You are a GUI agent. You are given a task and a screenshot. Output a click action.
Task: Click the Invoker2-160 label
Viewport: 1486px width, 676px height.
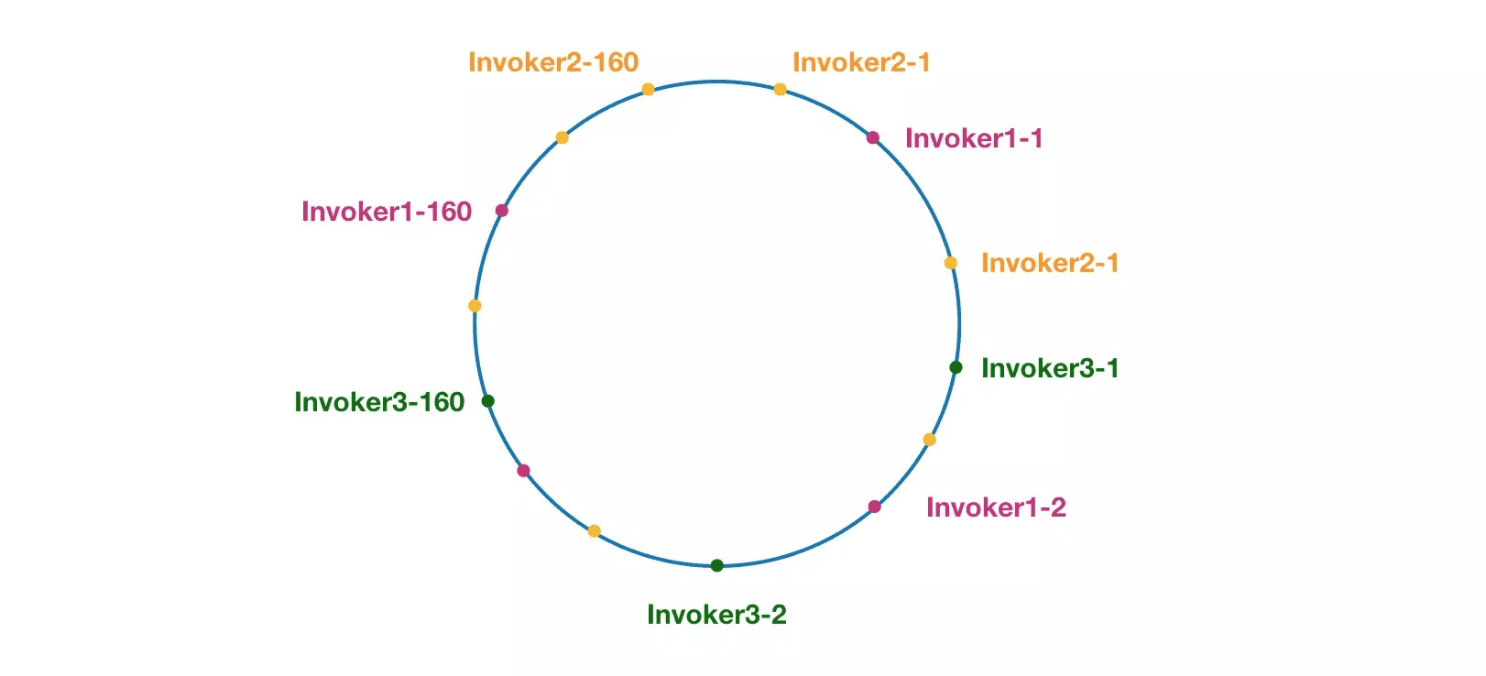pyautogui.click(x=553, y=62)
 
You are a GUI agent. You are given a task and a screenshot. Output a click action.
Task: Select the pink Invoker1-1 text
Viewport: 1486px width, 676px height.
pyautogui.click(x=974, y=138)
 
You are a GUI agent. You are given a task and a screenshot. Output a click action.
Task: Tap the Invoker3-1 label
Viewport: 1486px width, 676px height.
pyautogui.click(x=1050, y=368)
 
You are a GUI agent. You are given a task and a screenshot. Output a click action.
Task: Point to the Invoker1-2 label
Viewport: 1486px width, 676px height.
pyautogui.click(x=997, y=507)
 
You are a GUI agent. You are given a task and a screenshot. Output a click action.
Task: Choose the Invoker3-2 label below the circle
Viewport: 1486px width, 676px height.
pyautogui.click(x=716, y=615)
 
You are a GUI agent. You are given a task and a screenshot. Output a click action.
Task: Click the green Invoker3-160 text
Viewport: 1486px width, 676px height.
pyautogui.click(x=379, y=402)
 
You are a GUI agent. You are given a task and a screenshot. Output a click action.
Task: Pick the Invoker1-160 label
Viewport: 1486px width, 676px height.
pyautogui.click(x=387, y=212)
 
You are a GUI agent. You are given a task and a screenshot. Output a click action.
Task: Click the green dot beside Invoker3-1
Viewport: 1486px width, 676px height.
pyautogui.click(x=956, y=367)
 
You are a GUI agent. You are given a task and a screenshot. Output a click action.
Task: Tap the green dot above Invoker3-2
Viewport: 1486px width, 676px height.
pyautogui.click(x=716, y=565)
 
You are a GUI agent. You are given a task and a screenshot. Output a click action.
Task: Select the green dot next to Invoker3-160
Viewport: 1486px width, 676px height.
pyautogui.click(x=487, y=400)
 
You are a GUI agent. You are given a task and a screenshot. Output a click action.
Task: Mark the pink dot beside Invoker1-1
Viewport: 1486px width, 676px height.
pyautogui.click(x=873, y=138)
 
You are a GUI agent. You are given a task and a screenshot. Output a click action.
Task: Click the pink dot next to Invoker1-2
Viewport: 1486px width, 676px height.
pyautogui.click(x=874, y=507)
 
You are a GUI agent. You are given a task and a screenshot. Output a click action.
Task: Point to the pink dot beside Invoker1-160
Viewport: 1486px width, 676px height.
pyautogui.click(x=501, y=211)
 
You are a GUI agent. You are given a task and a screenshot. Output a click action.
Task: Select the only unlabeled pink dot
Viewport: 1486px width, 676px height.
pyautogui.click(x=523, y=471)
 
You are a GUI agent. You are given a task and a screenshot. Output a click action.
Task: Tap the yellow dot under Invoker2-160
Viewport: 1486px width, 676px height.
pyautogui.click(x=648, y=90)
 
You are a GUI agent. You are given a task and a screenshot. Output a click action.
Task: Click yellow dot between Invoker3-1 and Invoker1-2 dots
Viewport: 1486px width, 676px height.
pyautogui.click(x=929, y=440)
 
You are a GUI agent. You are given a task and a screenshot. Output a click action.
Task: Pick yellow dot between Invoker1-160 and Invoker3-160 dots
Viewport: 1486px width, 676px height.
pyautogui.click(x=475, y=306)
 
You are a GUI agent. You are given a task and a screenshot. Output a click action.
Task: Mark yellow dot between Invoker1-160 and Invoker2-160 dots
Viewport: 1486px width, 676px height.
pyautogui.click(x=562, y=138)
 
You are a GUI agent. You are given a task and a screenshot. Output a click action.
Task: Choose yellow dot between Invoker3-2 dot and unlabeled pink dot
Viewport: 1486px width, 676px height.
pyautogui.click(x=595, y=531)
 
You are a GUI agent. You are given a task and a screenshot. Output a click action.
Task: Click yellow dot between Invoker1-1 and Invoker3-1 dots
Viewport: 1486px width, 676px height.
pyautogui.click(x=951, y=264)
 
